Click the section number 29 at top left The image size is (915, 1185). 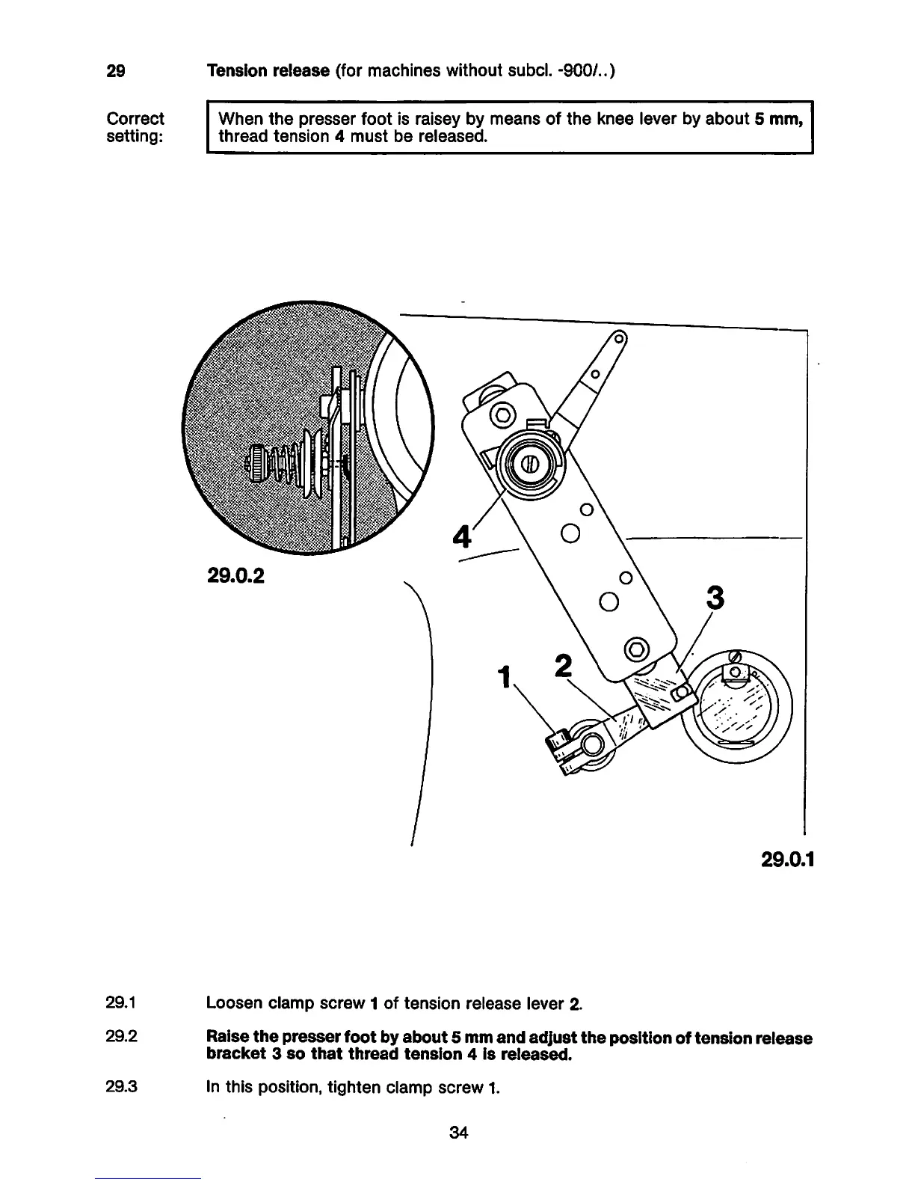tap(115, 72)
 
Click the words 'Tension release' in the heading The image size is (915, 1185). tap(267, 71)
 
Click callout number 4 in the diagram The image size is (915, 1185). tap(463, 536)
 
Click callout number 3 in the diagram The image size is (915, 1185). tap(715, 598)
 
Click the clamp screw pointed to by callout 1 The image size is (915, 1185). tap(557, 741)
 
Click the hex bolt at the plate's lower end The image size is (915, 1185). tap(637, 648)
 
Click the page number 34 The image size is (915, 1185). tap(458, 1133)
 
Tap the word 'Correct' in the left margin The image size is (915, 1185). tap(135, 119)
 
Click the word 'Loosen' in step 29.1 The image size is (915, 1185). tap(232, 1003)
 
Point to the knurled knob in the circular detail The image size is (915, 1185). tap(256, 465)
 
